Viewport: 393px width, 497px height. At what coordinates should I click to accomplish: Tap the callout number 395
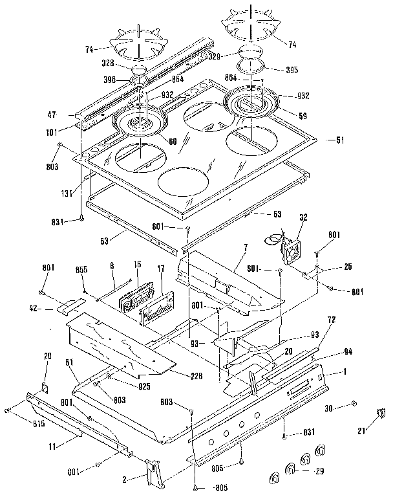pyautogui.click(x=274, y=70)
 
